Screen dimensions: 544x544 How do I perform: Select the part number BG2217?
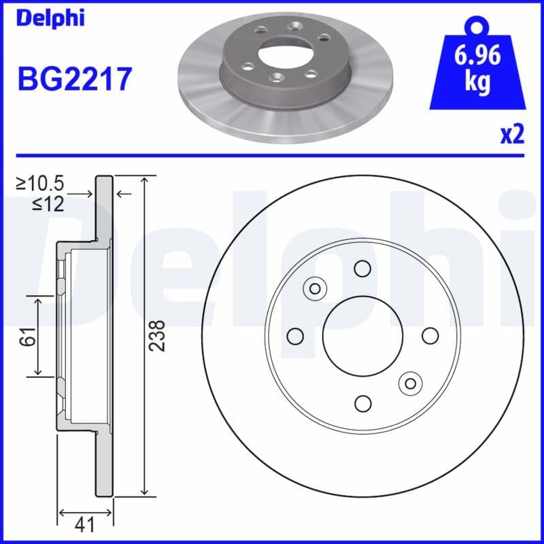coord(74,80)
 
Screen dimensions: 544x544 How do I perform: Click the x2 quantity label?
coord(512,135)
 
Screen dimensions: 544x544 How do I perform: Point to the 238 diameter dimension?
coord(157,335)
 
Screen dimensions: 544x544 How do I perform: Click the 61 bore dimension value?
coord(28,335)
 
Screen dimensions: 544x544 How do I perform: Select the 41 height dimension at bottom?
coord(85,525)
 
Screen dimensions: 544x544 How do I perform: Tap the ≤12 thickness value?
coord(48,203)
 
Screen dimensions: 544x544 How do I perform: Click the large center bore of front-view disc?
coord(362,335)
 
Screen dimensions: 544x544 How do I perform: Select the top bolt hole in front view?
coord(362,268)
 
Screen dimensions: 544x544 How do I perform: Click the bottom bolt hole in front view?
coord(362,403)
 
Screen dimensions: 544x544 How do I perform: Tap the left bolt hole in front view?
coord(295,336)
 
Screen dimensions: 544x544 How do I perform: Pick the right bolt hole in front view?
coord(430,336)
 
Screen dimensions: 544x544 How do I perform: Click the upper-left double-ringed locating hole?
coord(315,288)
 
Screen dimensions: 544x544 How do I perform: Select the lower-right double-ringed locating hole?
coord(410,384)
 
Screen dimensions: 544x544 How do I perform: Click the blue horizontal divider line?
coord(272,155)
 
